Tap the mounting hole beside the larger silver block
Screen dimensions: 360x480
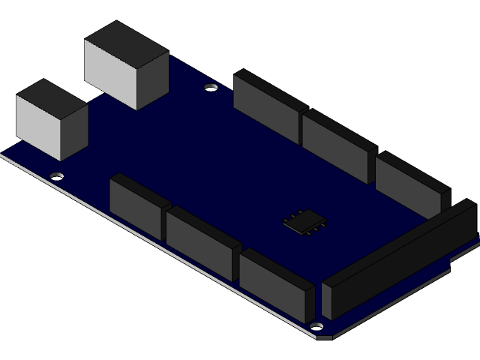211,88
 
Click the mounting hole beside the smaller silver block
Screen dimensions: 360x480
56,176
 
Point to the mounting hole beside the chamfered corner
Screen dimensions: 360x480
316,327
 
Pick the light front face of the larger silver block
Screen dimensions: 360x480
110,73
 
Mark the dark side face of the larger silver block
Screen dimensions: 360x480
152,79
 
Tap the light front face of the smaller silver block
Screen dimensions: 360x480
37,125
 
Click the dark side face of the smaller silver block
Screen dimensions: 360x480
73,131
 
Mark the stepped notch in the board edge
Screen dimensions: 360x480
453,259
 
